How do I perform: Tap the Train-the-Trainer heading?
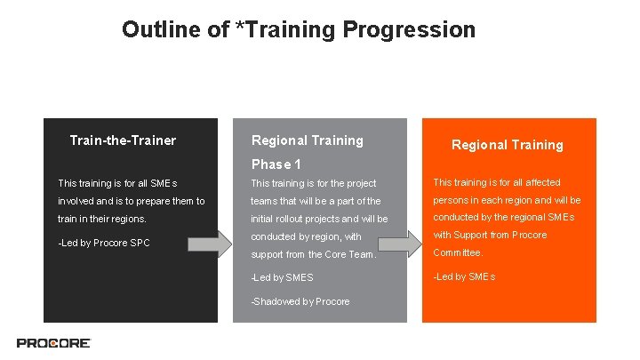tap(123, 140)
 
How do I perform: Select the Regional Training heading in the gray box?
tap(308, 140)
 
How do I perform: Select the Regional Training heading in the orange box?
tap(507, 145)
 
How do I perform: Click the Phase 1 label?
tap(276, 164)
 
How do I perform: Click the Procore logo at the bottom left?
tap(53, 343)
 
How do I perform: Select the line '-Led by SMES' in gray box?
tap(283, 278)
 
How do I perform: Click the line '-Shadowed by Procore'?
tap(300, 301)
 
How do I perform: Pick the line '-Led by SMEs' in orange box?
tap(464, 276)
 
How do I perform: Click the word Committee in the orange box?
tap(458, 252)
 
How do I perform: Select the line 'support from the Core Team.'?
tap(314, 255)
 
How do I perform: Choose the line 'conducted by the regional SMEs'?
tap(504, 217)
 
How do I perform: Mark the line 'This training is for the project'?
tap(314, 183)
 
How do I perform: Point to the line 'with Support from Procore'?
tap(490, 235)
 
